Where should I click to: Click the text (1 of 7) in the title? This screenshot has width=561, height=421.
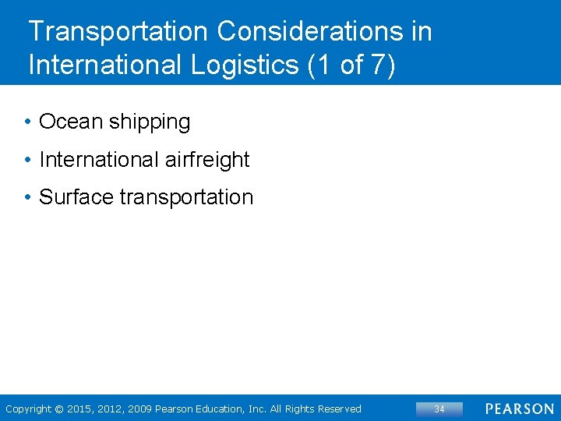pyautogui.click(x=352, y=65)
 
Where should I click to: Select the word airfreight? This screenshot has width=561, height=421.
pyautogui.click(x=207, y=160)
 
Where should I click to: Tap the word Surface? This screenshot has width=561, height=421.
pyautogui.click(x=76, y=197)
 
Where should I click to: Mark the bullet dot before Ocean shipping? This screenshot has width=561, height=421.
pyautogui.click(x=27, y=122)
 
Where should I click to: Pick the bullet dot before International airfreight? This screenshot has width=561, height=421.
pyautogui.click(x=27, y=160)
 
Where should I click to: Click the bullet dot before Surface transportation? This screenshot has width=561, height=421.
pyautogui.click(x=27, y=197)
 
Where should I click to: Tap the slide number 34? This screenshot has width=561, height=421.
pyautogui.click(x=439, y=409)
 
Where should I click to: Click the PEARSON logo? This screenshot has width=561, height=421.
pyautogui.click(x=519, y=409)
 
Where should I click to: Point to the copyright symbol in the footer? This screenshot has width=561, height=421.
pyautogui.click(x=59, y=409)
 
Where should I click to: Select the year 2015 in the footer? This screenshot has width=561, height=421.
pyautogui.click(x=80, y=409)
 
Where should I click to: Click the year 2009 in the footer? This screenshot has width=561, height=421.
pyautogui.click(x=139, y=409)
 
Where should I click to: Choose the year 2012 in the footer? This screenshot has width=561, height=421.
pyautogui.click(x=110, y=409)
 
